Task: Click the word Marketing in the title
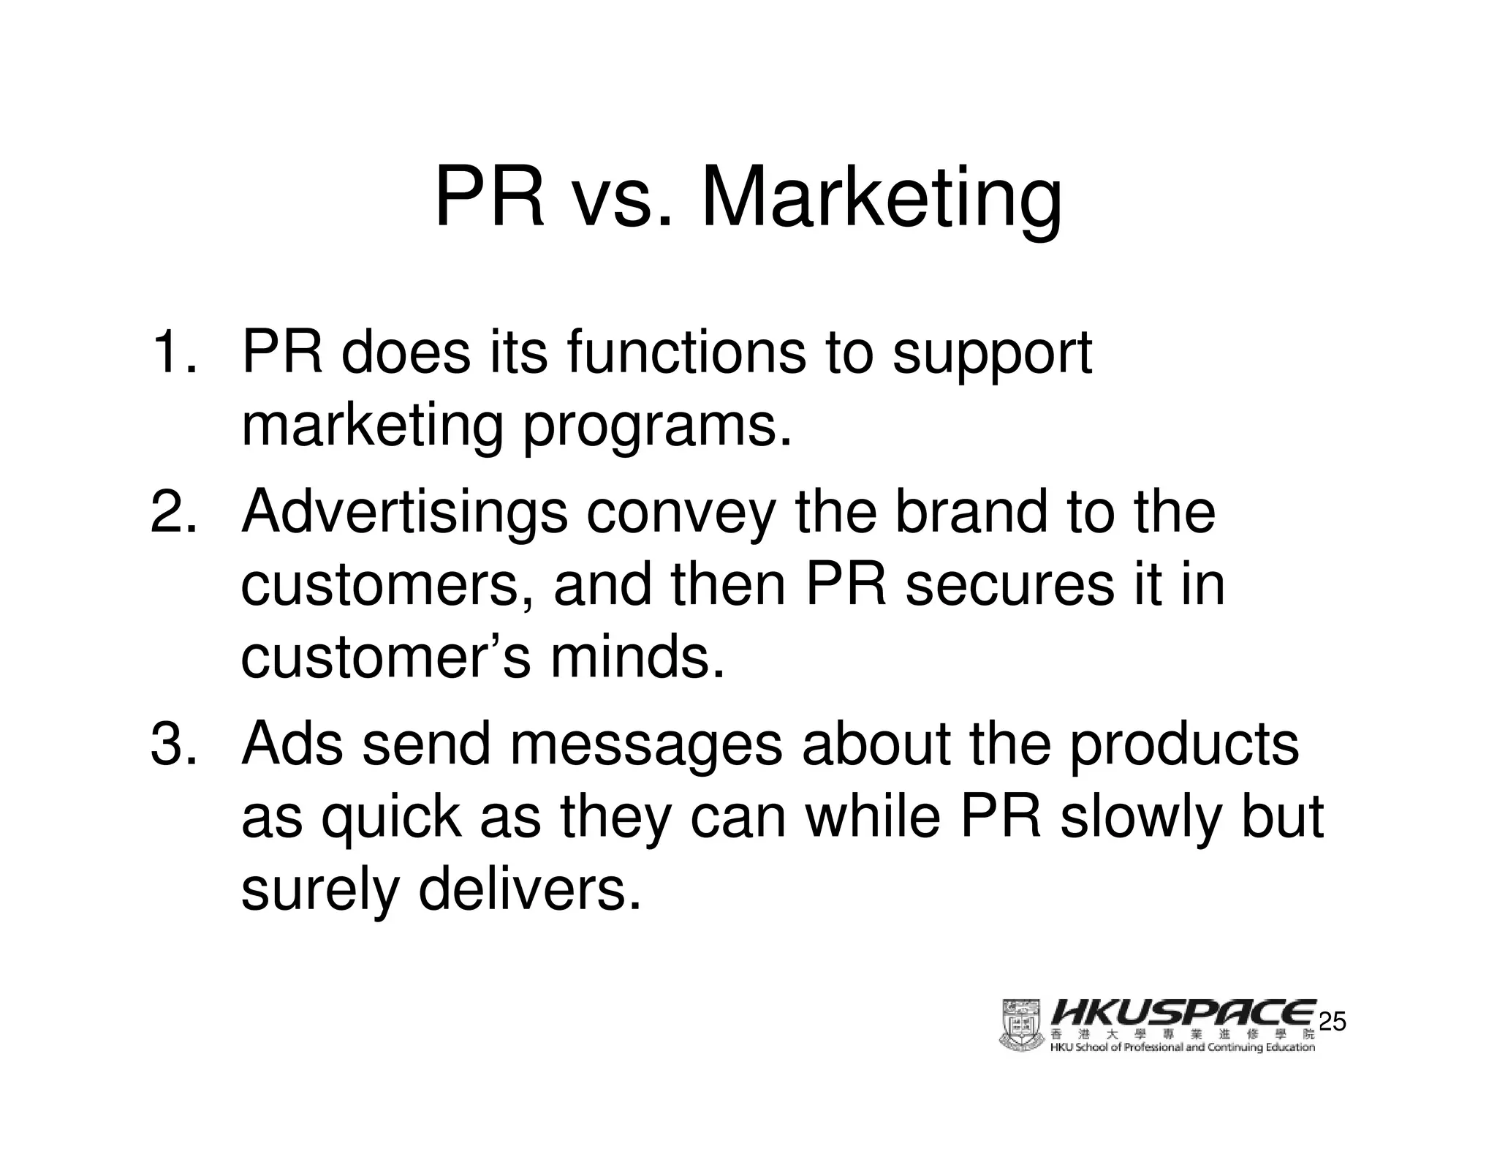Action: pos(881,199)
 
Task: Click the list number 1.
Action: pos(173,353)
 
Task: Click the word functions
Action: pos(686,353)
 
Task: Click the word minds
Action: pos(637,657)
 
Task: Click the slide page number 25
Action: pos(1331,1022)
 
